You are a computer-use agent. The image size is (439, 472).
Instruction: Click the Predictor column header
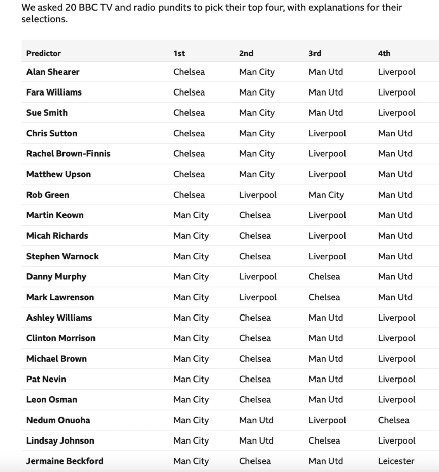[x=44, y=53]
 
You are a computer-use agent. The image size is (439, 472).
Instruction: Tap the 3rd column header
[x=315, y=53]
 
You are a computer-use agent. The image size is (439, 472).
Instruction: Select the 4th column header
[x=384, y=53]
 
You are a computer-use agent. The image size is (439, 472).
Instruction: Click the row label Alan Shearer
[x=53, y=72]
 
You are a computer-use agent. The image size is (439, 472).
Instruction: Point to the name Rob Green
[x=48, y=195]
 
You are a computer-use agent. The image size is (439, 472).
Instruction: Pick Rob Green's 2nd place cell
[x=258, y=195]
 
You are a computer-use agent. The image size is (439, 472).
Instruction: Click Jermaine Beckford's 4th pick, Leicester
[x=396, y=461]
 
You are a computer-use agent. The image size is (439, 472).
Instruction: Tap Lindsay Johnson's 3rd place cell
[x=324, y=440]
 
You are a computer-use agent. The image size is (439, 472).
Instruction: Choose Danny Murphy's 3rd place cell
[x=324, y=277]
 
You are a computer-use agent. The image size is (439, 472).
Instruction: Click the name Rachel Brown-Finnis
[x=68, y=153]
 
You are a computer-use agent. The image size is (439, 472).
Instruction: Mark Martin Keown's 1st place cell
[x=191, y=215]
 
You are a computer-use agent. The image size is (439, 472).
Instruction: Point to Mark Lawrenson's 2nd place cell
[x=258, y=297]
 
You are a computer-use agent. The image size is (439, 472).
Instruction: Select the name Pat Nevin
[x=46, y=379]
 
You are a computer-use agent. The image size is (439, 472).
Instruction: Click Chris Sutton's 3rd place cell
[x=327, y=133]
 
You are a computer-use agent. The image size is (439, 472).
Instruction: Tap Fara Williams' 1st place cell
[x=189, y=92]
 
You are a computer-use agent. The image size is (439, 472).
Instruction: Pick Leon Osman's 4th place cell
[x=396, y=400]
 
